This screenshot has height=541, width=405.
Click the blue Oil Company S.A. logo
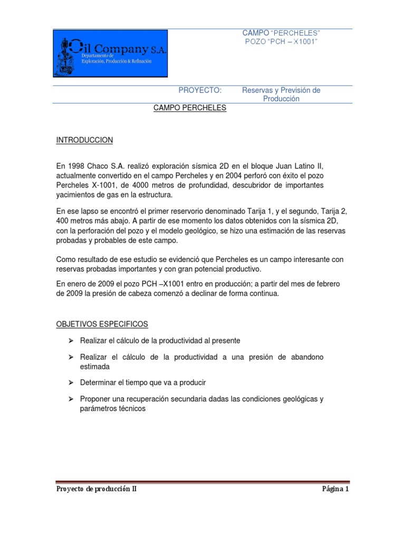click(110, 53)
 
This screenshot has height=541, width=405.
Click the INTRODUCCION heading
click(84, 140)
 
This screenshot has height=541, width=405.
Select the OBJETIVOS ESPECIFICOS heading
click(102, 323)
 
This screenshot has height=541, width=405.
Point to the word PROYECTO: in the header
click(200, 90)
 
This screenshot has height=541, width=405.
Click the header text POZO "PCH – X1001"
click(281, 42)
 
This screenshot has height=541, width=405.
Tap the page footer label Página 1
click(335, 489)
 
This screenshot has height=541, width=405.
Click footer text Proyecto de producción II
click(97, 489)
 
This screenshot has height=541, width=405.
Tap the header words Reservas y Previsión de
click(281, 90)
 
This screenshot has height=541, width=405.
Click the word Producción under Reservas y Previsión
click(281, 99)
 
